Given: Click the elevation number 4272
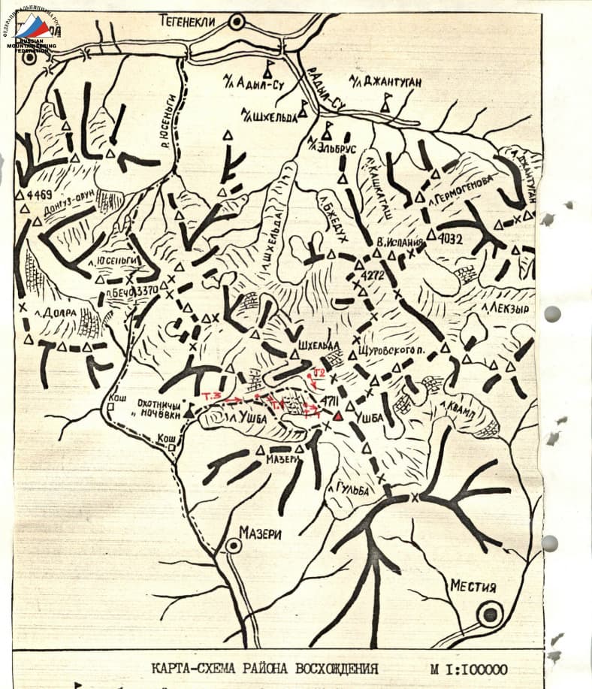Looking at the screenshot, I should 372,277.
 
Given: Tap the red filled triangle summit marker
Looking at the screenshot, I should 338,416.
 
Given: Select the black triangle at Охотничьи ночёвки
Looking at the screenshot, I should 189,411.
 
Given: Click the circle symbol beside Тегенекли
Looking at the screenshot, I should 237,23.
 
